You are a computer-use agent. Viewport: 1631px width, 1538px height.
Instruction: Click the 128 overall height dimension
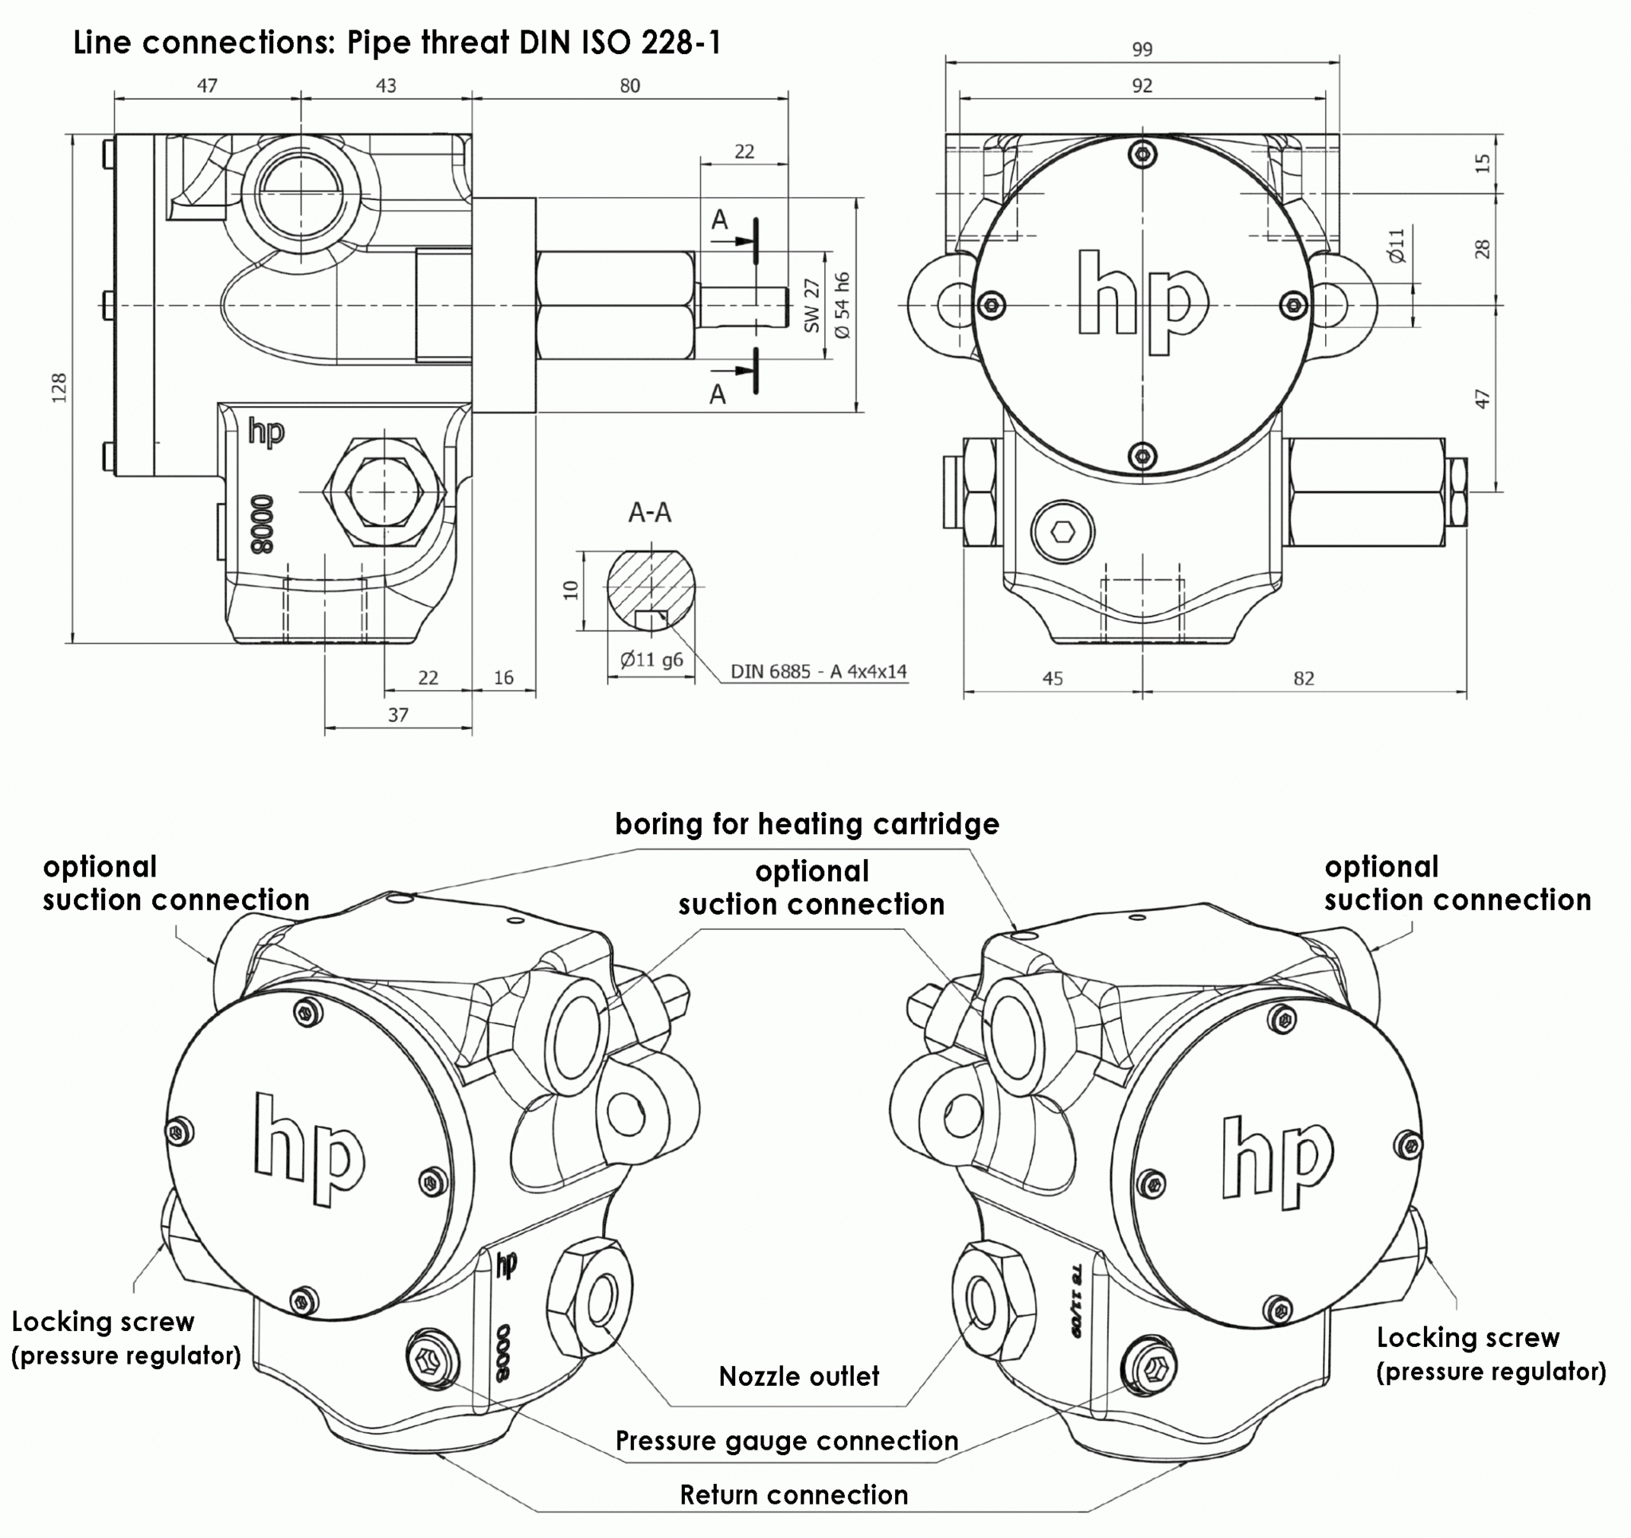pyautogui.click(x=59, y=387)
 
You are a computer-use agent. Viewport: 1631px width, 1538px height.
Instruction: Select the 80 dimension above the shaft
pyautogui.click(x=629, y=85)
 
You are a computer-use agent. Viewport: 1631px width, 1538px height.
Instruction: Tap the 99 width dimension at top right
pyautogui.click(x=1141, y=49)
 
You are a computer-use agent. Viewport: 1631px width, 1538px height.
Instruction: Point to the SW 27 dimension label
pyautogui.click(x=812, y=305)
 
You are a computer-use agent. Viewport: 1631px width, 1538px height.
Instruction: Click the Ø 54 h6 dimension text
pyautogui.click(x=843, y=305)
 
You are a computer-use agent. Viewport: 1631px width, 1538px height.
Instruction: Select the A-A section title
pyautogui.click(x=650, y=513)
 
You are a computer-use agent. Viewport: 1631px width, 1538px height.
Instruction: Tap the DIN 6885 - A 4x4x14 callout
pyautogui.click(x=818, y=671)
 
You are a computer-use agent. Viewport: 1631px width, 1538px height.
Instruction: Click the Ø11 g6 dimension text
pyautogui.click(x=651, y=658)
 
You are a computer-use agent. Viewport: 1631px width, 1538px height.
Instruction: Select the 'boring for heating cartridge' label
pyautogui.click(x=807, y=824)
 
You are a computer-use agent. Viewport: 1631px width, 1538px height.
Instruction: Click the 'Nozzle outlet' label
pyautogui.click(x=798, y=1376)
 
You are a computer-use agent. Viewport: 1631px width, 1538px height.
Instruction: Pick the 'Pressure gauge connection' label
pyautogui.click(x=786, y=1440)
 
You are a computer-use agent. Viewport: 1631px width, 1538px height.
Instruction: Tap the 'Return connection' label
pyautogui.click(x=793, y=1494)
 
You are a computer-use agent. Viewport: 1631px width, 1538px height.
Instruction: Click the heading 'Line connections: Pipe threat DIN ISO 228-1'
pyautogui.click(x=397, y=43)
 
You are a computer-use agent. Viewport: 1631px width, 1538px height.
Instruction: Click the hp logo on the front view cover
pyautogui.click(x=1141, y=303)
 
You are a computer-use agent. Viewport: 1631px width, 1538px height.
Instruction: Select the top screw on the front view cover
pyautogui.click(x=1142, y=154)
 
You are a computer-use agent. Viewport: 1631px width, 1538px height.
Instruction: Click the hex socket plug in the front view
pyautogui.click(x=1063, y=532)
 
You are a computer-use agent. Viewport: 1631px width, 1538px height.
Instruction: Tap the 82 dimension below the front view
pyautogui.click(x=1303, y=678)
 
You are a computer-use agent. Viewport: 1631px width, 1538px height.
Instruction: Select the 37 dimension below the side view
pyautogui.click(x=398, y=714)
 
